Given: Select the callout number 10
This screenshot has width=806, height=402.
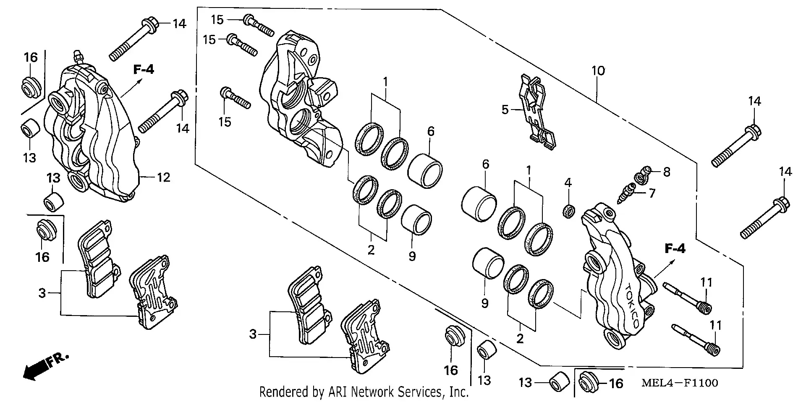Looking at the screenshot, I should (x=598, y=70).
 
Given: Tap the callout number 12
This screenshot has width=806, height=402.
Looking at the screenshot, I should (x=163, y=178).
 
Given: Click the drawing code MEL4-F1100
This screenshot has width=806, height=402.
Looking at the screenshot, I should (x=679, y=383).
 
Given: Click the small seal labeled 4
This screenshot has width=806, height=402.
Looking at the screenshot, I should (x=568, y=211).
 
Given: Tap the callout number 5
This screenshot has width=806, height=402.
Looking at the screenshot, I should (x=505, y=110).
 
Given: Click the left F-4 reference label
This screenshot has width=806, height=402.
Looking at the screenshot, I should (x=144, y=70).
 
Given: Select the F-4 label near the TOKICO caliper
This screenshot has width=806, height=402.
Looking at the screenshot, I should (x=675, y=249).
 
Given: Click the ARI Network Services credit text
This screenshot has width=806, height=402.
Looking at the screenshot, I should (x=364, y=392).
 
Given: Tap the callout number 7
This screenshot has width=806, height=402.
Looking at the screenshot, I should (x=652, y=194).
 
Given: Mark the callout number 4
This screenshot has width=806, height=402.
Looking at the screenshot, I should (x=568, y=183).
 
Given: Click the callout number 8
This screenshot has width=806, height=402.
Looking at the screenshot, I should (x=667, y=172).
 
